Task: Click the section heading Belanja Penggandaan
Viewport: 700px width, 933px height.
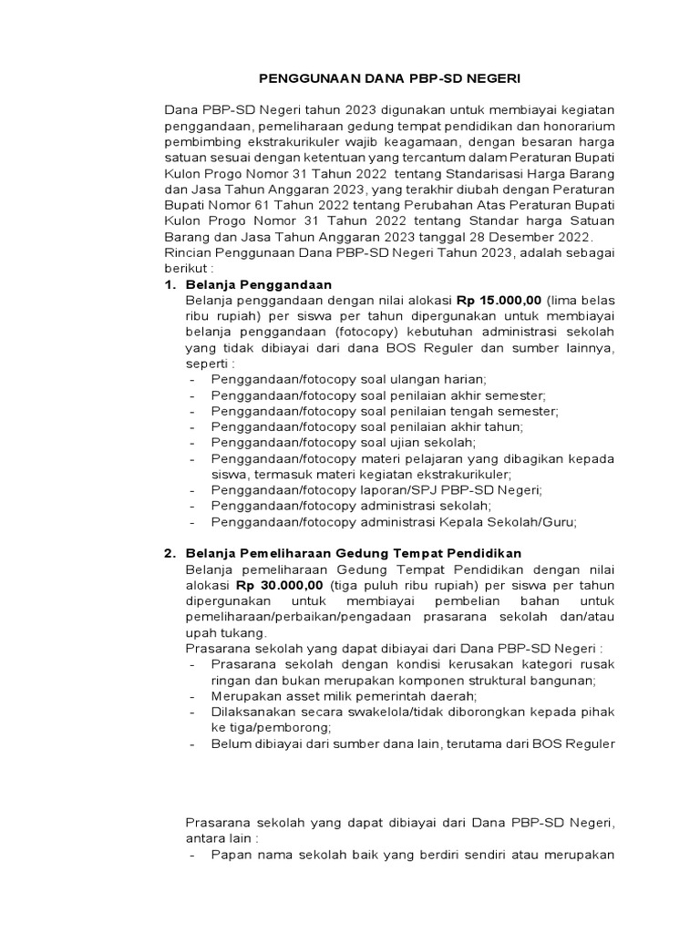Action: tap(258, 284)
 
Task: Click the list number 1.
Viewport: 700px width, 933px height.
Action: tap(169, 284)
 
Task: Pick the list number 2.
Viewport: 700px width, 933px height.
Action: tap(169, 553)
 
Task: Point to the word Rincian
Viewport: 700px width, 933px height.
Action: tap(188, 253)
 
